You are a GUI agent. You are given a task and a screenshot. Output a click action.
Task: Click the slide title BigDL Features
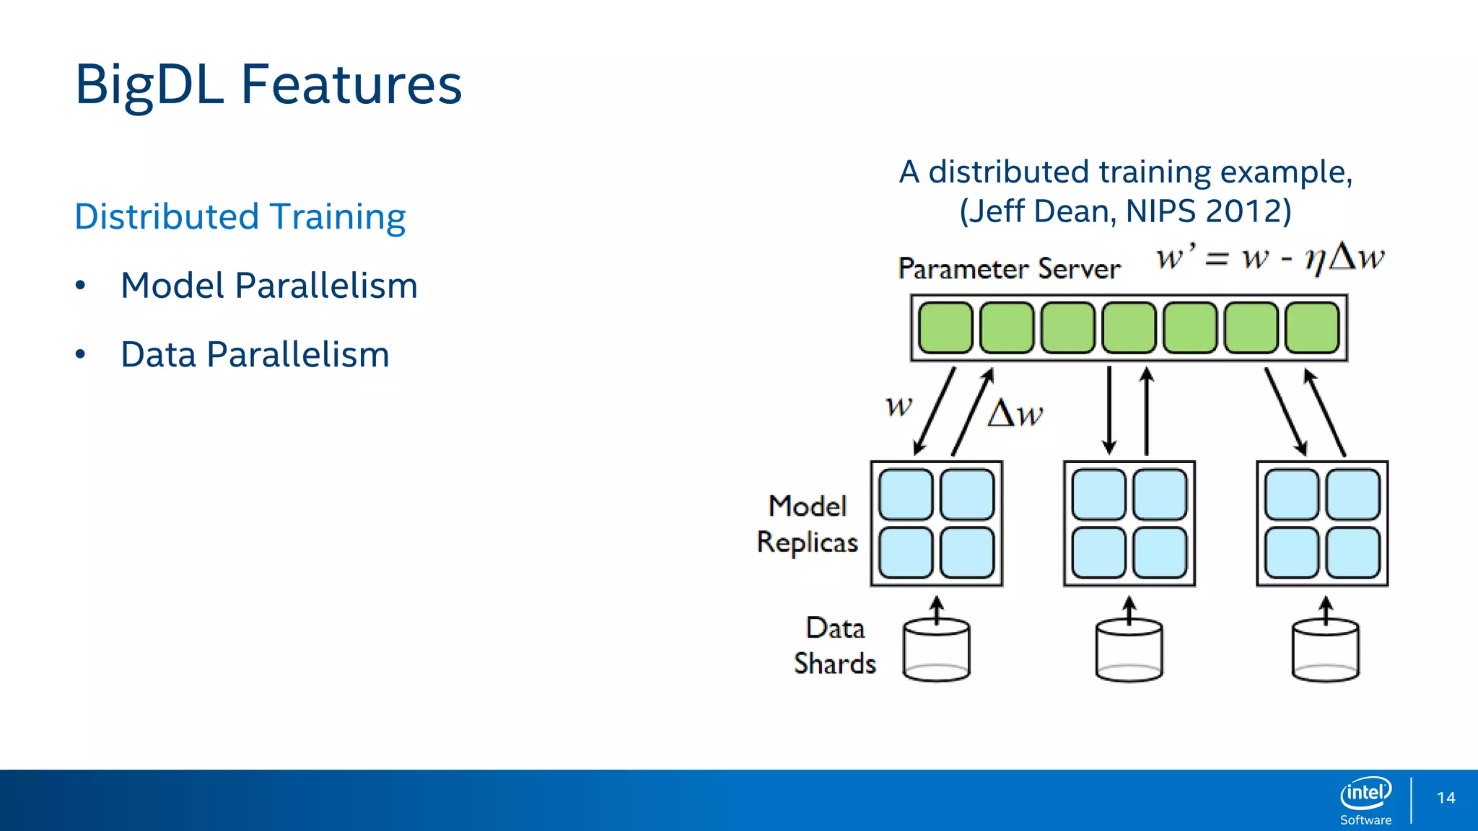click(268, 85)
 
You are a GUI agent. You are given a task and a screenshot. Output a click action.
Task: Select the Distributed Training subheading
click(240, 217)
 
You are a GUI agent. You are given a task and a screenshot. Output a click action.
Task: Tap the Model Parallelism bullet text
click(269, 286)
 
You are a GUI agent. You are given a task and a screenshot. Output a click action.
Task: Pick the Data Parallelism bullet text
click(255, 355)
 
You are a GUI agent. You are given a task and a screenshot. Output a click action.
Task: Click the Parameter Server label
click(1009, 269)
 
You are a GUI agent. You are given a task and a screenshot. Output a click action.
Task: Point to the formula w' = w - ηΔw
click(1269, 258)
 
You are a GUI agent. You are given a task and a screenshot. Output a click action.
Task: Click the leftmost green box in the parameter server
click(945, 327)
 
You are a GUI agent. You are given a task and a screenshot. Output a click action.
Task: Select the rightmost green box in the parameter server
click(1312, 327)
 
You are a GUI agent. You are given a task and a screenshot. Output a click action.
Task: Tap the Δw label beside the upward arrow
click(1015, 414)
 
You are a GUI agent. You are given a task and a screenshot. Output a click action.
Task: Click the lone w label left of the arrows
click(899, 405)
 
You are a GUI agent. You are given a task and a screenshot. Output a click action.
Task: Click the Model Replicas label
click(808, 524)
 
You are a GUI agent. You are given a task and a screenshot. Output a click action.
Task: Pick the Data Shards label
click(835, 646)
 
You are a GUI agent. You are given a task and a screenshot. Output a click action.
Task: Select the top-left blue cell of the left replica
click(906, 495)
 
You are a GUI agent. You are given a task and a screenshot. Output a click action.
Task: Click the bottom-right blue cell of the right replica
click(1353, 553)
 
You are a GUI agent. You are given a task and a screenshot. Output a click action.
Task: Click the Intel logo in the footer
click(1365, 794)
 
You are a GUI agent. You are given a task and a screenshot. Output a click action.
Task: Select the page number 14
click(1446, 798)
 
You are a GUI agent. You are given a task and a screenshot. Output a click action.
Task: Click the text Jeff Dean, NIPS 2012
click(1125, 211)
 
